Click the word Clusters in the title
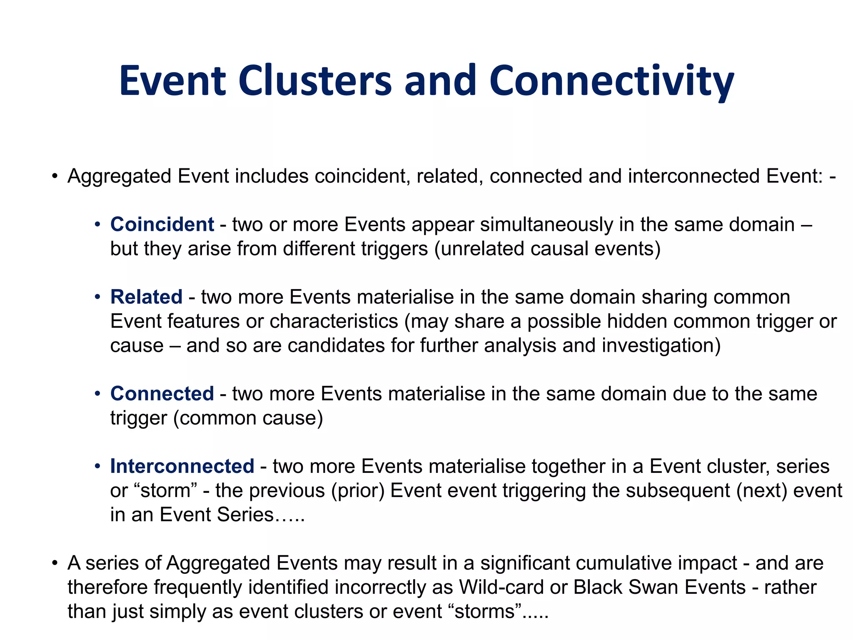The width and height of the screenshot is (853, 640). (315, 80)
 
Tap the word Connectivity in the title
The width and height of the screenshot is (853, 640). (611, 81)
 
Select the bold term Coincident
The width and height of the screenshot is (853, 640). (162, 225)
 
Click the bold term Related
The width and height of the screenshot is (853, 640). (146, 297)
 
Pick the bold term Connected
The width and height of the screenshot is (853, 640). (162, 394)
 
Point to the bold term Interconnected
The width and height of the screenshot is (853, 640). (182, 466)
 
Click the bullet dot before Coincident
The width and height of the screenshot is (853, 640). (97, 225)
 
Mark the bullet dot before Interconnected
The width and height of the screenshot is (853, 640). (97, 467)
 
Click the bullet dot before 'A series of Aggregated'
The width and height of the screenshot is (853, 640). (55, 563)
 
